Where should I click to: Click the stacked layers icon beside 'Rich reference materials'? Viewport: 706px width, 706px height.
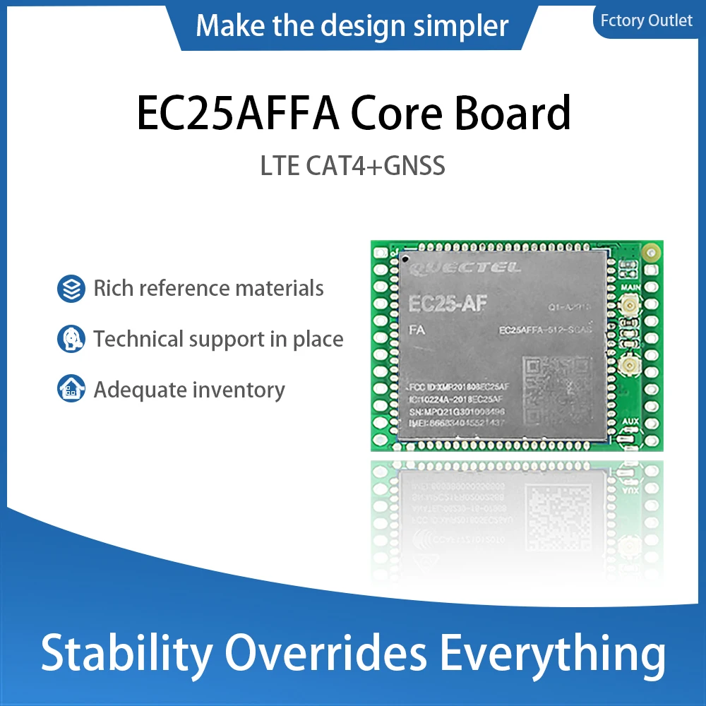click(71, 289)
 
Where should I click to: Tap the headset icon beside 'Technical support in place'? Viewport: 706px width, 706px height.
click(71, 340)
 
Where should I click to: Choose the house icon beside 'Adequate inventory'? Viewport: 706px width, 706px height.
click(71, 390)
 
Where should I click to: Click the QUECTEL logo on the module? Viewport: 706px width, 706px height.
click(466, 268)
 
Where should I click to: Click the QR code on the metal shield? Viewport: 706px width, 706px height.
click(557, 388)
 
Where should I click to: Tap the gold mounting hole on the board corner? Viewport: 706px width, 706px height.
click(653, 251)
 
